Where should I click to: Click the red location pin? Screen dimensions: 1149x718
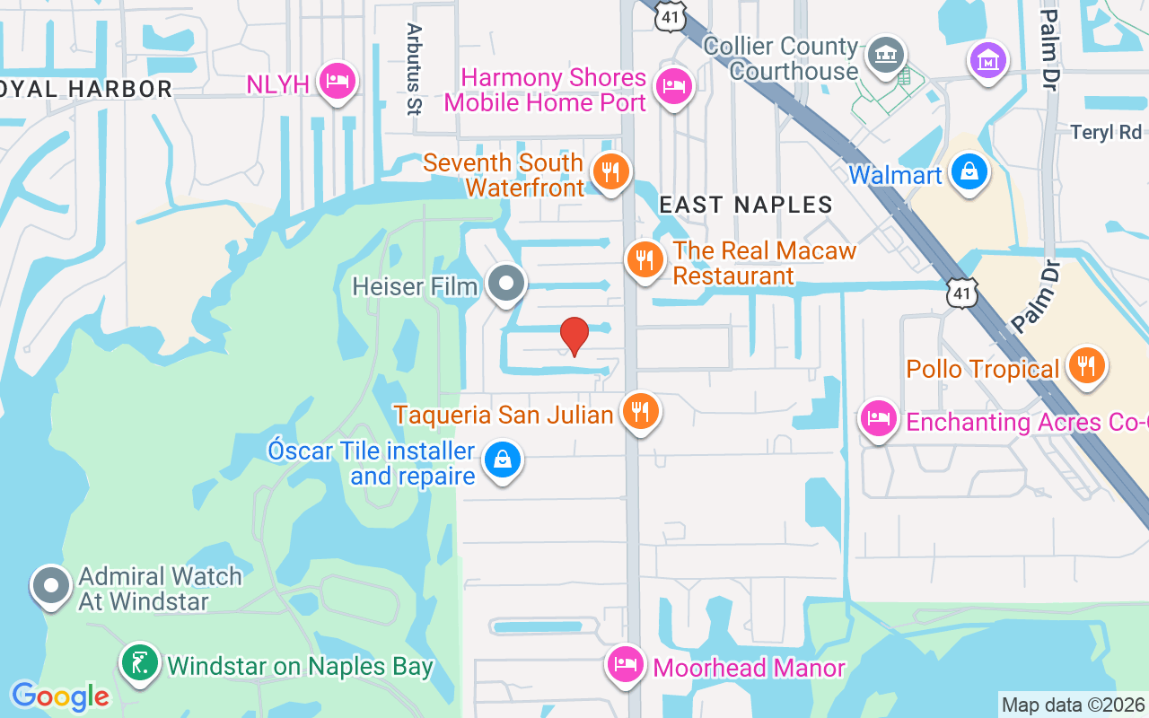(x=574, y=337)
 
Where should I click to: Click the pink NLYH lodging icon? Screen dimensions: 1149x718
(x=338, y=81)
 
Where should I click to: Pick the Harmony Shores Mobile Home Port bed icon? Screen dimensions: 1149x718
(x=671, y=86)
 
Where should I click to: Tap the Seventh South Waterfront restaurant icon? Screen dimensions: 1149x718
(x=611, y=170)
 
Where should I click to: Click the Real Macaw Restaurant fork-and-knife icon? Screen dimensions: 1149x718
(x=645, y=259)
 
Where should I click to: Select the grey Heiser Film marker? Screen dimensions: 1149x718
(x=506, y=285)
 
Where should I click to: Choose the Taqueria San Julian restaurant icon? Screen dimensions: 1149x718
(x=640, y=411)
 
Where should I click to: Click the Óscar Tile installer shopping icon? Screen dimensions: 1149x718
(x=503, y=460)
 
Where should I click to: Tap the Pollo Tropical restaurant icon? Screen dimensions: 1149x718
(x=1086, y=365)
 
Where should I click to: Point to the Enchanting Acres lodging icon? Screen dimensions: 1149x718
(x=878, y=418)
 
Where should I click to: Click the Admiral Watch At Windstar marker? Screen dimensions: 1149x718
(x=51, y=586)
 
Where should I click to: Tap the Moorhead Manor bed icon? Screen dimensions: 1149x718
(x=625, y=665)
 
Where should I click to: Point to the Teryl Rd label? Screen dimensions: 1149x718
(x=1105, y=133)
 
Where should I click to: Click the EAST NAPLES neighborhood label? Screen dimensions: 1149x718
(x=746, y=206)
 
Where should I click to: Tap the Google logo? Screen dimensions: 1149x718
(x=60, y=696)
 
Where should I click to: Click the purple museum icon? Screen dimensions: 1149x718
(x=987, y=61)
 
